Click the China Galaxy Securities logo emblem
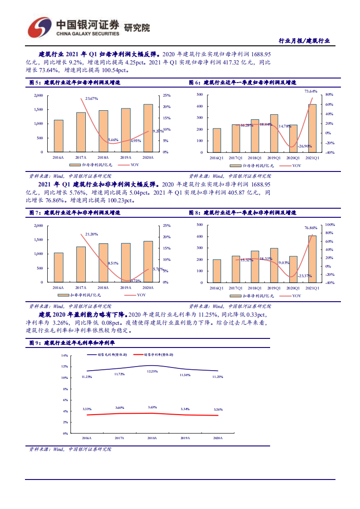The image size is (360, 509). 39,28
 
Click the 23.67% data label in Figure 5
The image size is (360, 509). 91,98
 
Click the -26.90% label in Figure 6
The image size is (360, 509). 305,146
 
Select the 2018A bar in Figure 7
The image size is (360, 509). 104,263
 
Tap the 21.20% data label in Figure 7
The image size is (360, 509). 91,234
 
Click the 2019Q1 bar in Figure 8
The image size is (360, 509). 274,265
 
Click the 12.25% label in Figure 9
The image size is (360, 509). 152,371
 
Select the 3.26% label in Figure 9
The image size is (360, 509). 217,409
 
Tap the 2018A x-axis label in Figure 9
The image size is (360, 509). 152,438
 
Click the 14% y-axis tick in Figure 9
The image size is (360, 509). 65,356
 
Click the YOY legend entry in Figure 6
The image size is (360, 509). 291,166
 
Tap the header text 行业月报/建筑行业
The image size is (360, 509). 304,41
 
